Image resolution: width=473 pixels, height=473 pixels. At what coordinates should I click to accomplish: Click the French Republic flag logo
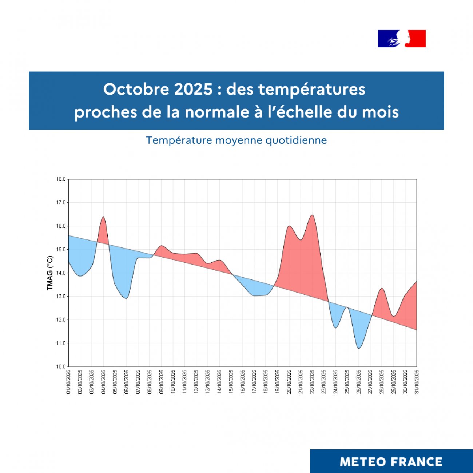[x=402, y=39]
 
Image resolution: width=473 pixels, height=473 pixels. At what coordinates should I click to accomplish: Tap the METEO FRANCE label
[x=391, y=462]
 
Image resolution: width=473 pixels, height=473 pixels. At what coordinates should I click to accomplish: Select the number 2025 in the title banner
[x=193, y=89]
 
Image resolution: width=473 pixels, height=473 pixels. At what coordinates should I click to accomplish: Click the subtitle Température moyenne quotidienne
[x=236, y=140]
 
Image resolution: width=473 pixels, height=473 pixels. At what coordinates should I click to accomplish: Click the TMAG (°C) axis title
[x=50, y=273]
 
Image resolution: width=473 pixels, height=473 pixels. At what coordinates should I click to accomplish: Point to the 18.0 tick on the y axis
[x=61, y=179]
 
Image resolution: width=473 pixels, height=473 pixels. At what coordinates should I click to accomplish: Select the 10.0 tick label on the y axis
[x=61, y=366]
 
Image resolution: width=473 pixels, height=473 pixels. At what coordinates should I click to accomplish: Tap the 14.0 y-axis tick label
[x=61, y=273]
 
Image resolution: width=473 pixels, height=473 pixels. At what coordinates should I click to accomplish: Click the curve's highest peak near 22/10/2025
[x=312, y=215]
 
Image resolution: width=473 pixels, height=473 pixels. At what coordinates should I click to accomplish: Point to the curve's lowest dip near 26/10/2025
[x=359, y=348]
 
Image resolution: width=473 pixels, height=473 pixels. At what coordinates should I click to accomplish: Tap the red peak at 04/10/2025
[x=103, y=217]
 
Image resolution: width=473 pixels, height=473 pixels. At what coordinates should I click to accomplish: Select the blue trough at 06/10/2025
[x=126, y=298]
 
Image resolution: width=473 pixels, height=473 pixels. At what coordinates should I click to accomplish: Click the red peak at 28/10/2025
[x=382, y=289]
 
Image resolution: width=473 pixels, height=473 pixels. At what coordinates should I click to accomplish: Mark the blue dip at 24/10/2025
[x=335, y=327]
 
